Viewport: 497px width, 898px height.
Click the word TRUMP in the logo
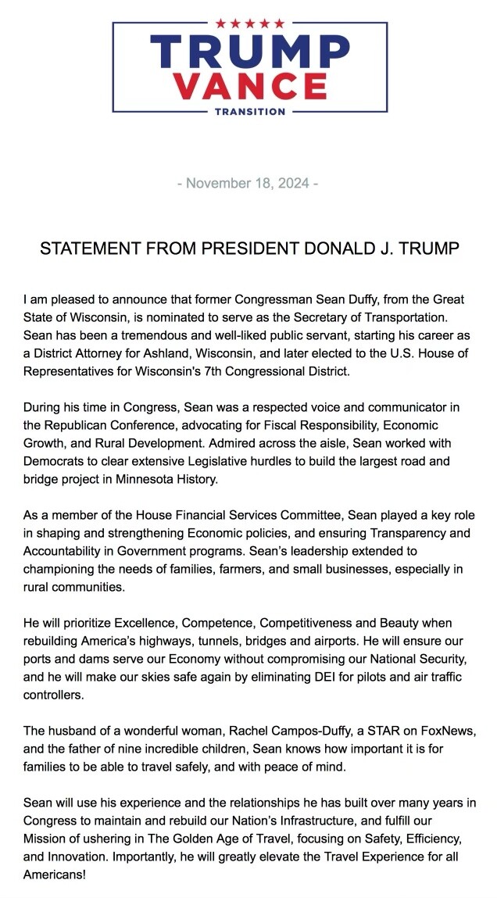click(249, 53)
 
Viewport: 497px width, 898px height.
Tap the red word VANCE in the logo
click(249, 86)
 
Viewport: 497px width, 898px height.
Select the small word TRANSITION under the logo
click(249, 112)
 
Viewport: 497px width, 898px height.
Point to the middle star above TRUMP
click(249, 23)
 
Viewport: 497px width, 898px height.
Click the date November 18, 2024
click(248, 184)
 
